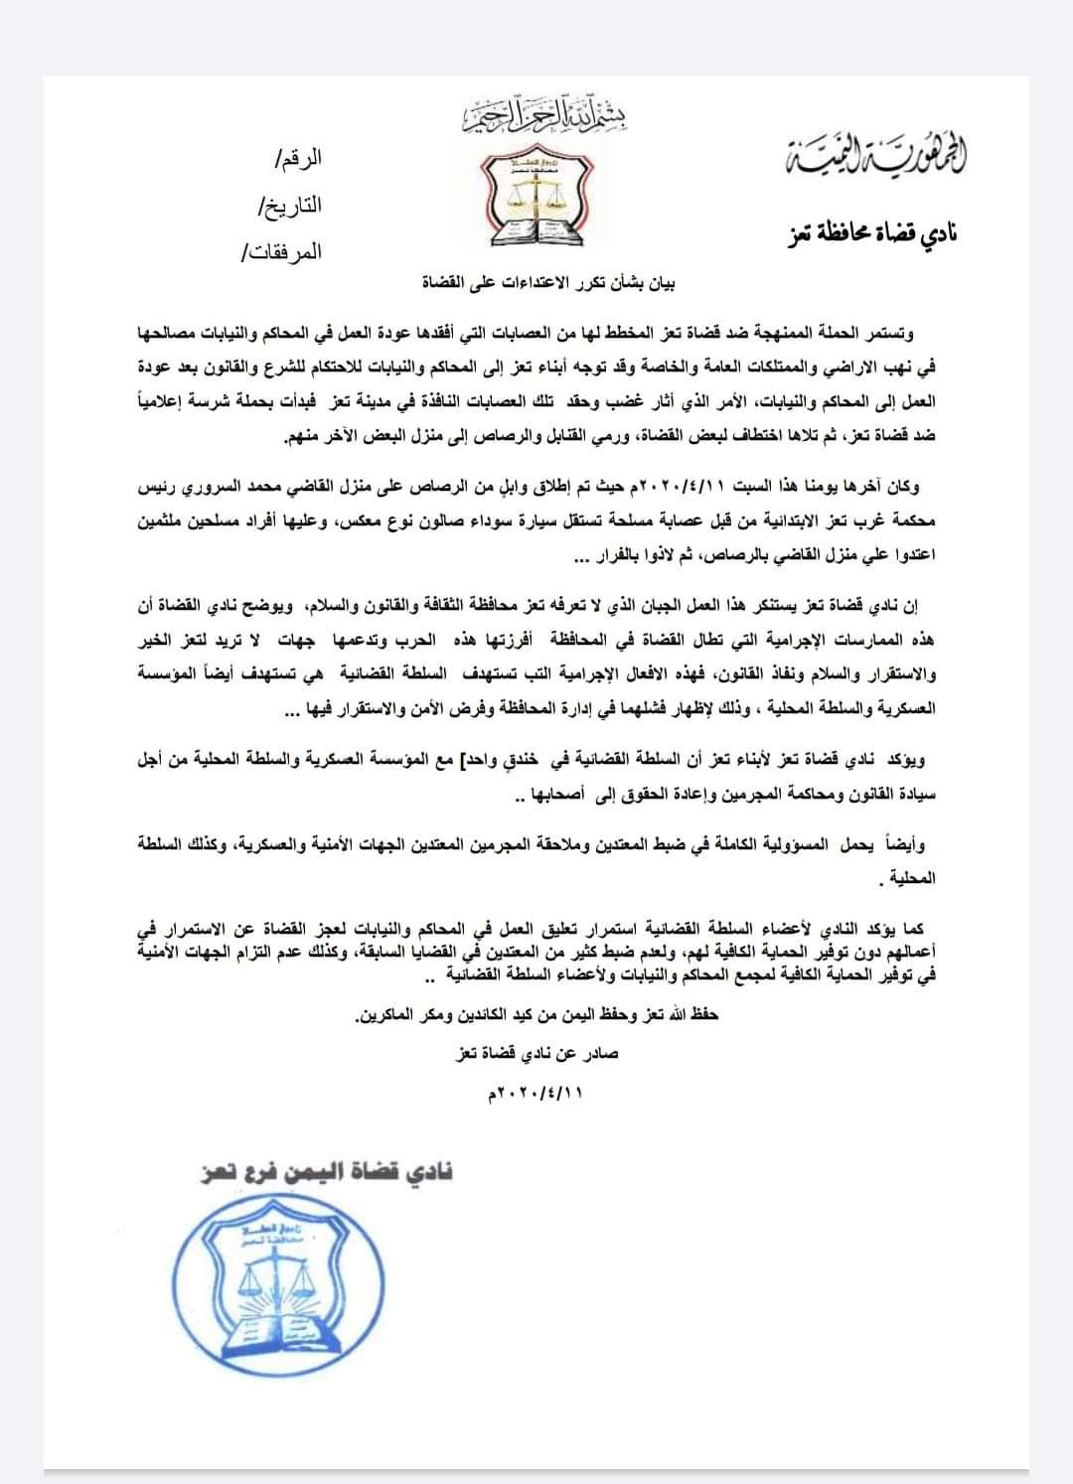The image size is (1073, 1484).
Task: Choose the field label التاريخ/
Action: click(x=290, y=206)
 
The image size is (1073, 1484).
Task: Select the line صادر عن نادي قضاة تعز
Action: click(x=534, y=1054)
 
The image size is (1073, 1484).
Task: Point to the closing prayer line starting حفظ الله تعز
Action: click(x=536, y=1017)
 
